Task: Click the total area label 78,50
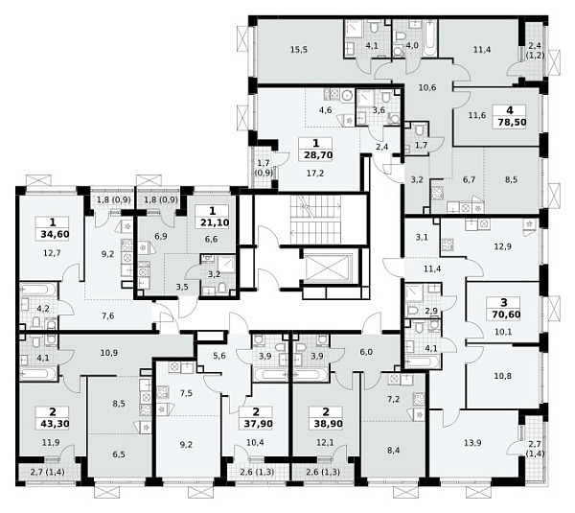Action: (x=512, y=122)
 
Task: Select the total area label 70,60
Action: (x=505, y=315)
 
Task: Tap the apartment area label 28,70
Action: (x=318, y=155)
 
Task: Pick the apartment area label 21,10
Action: (x=215, y=222)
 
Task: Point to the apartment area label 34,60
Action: (x=55, y=234)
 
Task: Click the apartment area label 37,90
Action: (x=258, y=424)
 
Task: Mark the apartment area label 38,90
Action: (x=328, y=424)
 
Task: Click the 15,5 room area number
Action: (x=298, y=50)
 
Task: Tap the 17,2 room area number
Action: (x=315, y=174)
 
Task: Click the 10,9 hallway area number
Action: (x=109, y=353)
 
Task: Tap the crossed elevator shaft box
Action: (x=329, y=268)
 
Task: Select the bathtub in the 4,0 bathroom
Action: (x=429, y=38)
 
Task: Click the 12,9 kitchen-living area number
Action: (x=502, y=246)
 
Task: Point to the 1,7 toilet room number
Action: (x=421, y=145)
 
